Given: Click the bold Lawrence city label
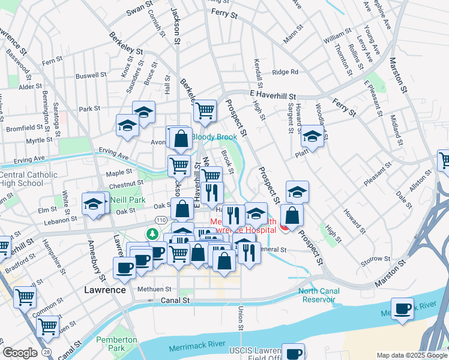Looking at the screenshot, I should (x=104, y=290).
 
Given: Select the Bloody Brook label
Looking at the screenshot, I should (x=210, y=137).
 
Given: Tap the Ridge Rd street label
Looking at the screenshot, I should (x=285, y=72).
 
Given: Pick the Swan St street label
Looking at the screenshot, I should (x=140, y=11).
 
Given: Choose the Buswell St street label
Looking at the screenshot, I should (x=91, y=76).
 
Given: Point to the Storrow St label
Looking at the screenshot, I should (x=375, y=259).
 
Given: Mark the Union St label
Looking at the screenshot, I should (x=241, y=317).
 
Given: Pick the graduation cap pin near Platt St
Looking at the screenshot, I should (x=312, y=136).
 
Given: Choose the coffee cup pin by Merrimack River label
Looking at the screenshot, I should (x=402, y=308).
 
